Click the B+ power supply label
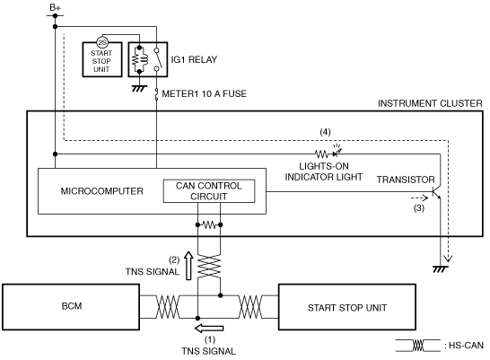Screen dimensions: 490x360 [x=55, y=7]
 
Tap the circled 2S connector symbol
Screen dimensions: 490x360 [x=102, y=43]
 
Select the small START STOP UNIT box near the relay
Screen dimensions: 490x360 [x=102, y=59]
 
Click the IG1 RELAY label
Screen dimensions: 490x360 [x=194, y=59]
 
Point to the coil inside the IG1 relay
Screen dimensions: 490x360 [x=139, y=59]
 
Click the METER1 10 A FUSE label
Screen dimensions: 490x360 [x=205, y=93]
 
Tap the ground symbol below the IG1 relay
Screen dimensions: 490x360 [x=139, y=89]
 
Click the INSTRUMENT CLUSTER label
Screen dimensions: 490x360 [x=430, y=103]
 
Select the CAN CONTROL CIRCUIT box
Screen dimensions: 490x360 [x=209, y=191]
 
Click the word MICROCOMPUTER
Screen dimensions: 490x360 [x=102, y=191]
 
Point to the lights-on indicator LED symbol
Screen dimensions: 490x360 [x=337, y=151]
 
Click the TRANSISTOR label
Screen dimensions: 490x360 [x=406, y=180]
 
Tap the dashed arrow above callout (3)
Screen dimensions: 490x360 [x=419, y=198]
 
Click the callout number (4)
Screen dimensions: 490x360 [x=325, y=132]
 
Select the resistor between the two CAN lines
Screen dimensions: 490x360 [x=209, y=224]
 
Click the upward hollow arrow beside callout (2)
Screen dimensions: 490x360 [x=188, y=266]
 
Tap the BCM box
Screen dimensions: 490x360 [x=71, y=307]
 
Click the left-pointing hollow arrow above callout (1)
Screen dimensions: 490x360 [x=209, y=329]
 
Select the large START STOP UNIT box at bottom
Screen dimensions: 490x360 [x=347, y=307]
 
